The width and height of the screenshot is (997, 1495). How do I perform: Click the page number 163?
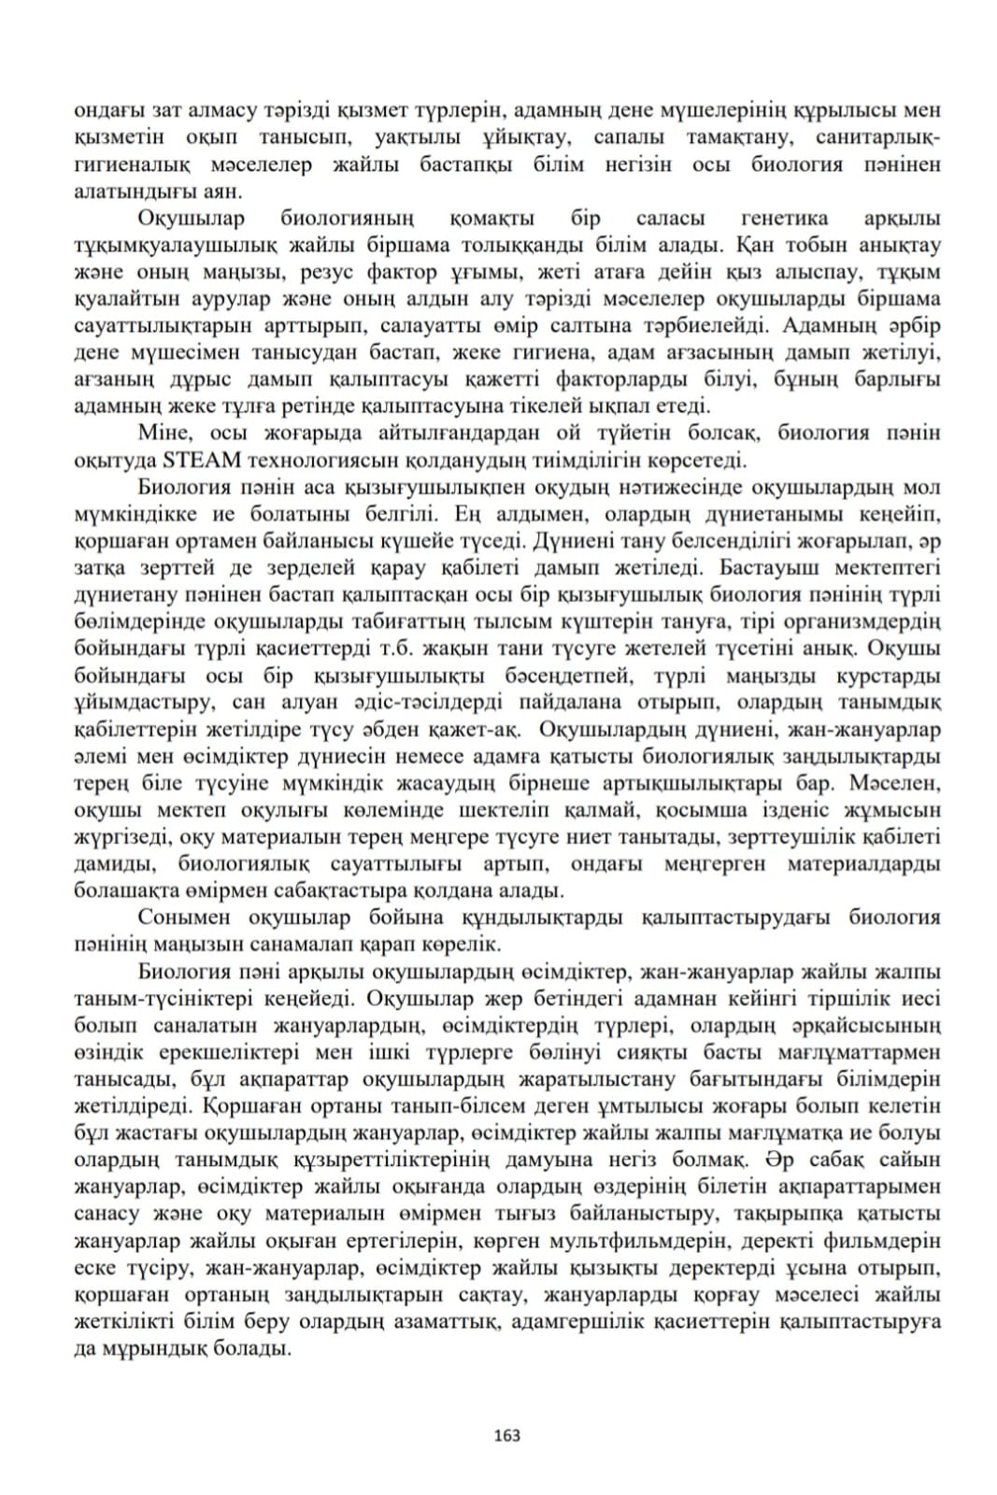(x=506, y=1435)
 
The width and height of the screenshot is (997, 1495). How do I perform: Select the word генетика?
(x=783, y=219)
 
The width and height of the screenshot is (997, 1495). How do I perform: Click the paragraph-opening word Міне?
(x=164, y=433)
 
